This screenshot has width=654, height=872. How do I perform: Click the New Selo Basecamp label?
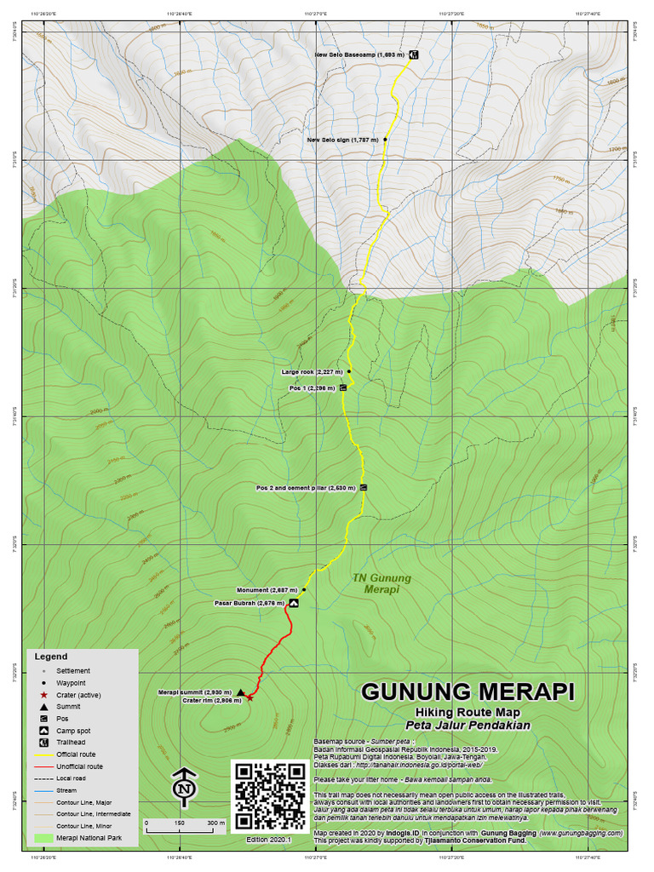click(x=359, y=54)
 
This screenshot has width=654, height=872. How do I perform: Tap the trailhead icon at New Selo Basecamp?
click(x=413, y=54)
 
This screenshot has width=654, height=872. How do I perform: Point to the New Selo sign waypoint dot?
click(x=386, y=139)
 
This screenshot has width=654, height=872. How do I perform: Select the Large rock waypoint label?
click(x=312, y=372)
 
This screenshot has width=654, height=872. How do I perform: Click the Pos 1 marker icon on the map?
click(x=343, y=387)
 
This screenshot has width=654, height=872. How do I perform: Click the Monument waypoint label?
click(x=267, y=590)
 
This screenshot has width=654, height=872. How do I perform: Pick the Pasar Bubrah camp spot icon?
click(x=294, y=603)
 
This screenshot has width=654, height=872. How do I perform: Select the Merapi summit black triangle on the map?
click(x=241, y=692)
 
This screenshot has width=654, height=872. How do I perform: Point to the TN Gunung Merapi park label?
click(x=381, y=583)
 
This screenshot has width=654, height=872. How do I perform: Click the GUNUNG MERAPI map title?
click(x=468, y=690)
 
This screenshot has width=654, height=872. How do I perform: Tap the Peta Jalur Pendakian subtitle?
click(x=468, y=726)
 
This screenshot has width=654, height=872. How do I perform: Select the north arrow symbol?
click(x=183, y=788)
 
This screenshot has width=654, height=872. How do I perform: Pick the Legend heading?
click(x=49, y=657)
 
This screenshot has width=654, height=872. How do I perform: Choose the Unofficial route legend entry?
click(x=80, y=766)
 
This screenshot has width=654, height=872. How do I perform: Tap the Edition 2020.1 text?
click(x=269, y=839)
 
